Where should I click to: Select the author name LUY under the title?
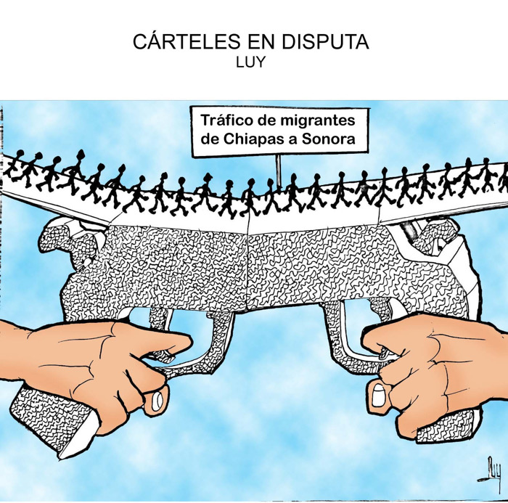(x=250, y=62)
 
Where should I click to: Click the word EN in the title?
(x=252, y=42)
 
